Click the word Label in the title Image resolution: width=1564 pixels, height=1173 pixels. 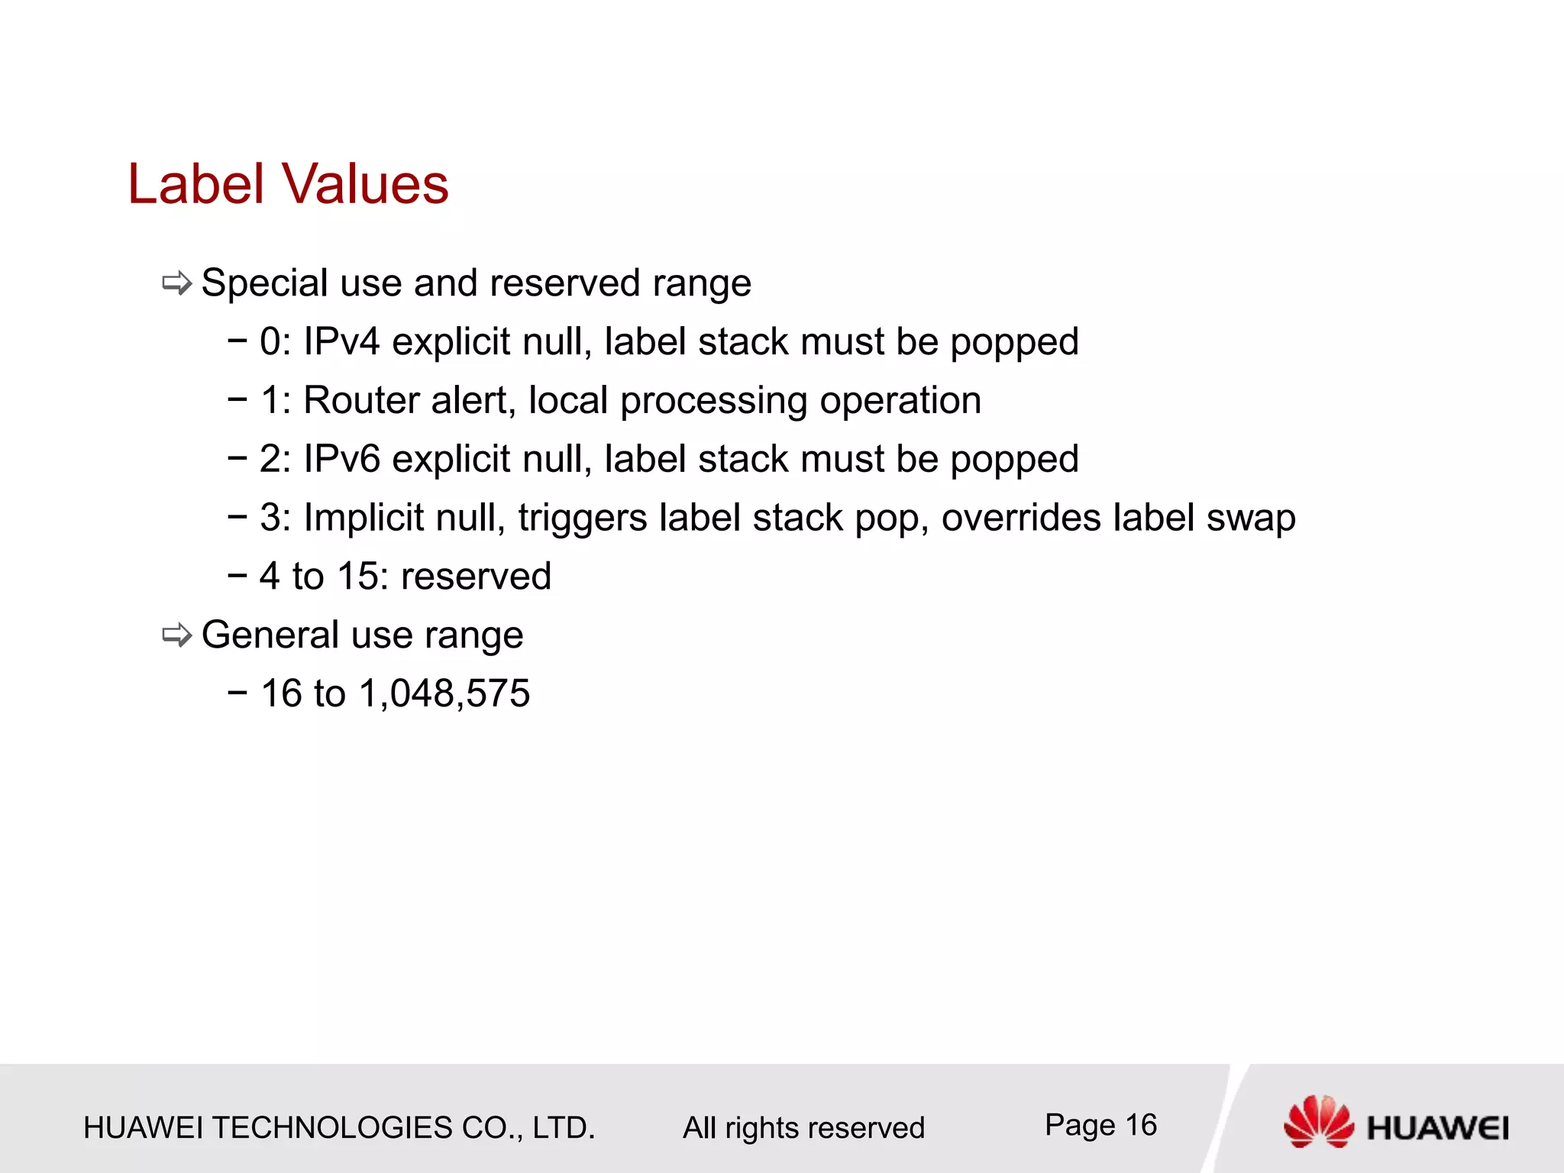[196, 185]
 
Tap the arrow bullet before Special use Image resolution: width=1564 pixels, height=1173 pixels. [176, 284]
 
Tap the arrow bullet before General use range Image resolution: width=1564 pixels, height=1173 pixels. [176, 635]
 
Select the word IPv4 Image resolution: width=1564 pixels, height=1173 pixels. [341, 341]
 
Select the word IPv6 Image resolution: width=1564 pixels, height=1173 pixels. [341, 459]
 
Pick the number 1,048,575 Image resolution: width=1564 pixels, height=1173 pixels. [444, 694]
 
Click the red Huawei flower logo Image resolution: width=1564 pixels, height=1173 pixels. [1319, 1121]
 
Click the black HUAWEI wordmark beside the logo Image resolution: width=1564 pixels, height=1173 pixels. [1438, 1128]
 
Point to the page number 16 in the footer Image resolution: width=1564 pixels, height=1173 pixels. [1141, 1125]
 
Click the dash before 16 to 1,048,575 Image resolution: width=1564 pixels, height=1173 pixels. [238, 693]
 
